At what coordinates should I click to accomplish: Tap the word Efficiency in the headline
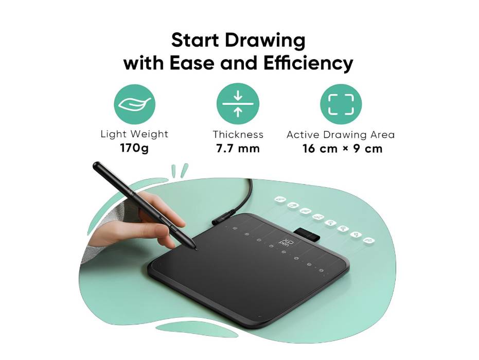click(308, 63)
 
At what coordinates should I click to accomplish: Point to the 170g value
click(134, 149)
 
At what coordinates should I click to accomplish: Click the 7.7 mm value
click(238, 149)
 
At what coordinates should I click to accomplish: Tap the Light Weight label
click(134, 134)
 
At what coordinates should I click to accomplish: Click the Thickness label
click(238, 135)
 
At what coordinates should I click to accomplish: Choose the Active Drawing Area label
click(341, 135)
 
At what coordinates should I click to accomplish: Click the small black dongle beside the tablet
click(308, 235)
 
